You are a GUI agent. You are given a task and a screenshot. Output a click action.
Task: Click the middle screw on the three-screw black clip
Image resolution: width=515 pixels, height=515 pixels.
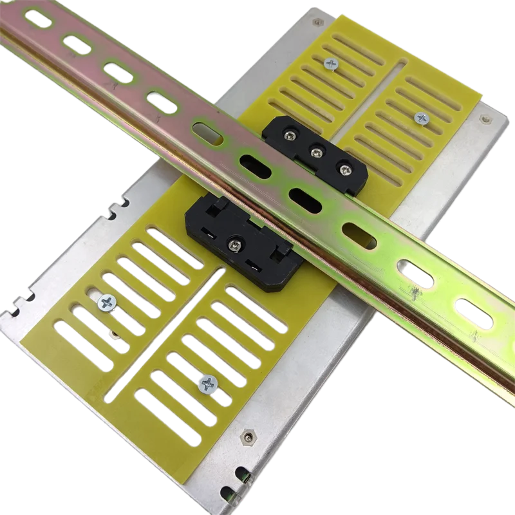point(316,153)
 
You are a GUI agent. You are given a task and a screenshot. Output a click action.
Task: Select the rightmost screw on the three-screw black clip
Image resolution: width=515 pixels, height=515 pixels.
point(345,169)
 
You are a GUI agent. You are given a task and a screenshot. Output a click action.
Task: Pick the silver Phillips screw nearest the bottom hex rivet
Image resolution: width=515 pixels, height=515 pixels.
point(207,383)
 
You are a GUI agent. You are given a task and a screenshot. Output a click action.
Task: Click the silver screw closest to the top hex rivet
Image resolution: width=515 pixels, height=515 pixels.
point(332,63)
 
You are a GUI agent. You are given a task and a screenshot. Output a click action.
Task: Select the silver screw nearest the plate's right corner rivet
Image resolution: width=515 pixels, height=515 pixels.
point(422,118)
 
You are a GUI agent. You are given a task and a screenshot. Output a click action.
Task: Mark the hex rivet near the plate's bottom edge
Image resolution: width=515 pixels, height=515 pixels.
point(248,438)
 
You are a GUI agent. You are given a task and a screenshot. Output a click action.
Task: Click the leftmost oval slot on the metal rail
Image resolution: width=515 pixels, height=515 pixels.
point(37,19)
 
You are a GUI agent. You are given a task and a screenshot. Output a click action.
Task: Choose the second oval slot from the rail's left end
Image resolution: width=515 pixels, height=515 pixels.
point(77,44)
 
